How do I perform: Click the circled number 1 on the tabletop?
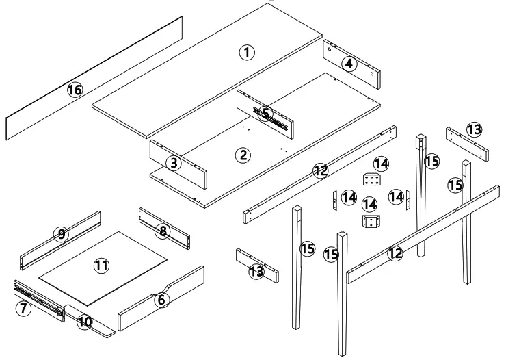coord(247,52)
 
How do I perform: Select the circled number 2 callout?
coord(241,155)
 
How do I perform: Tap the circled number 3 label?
coord(174,163)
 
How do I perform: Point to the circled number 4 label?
coord(349,64)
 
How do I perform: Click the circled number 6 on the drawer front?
coord(161,300)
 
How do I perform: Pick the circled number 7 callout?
coord(23,308)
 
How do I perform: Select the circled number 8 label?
coord(163,231)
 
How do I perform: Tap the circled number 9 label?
coord(62,234)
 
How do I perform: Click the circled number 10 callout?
coord(84,322)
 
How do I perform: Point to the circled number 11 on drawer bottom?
coord(101,266)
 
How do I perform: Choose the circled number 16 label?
coord(75,89)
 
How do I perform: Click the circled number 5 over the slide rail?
coord(267,114)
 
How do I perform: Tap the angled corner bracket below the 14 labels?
coord(371,222)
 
